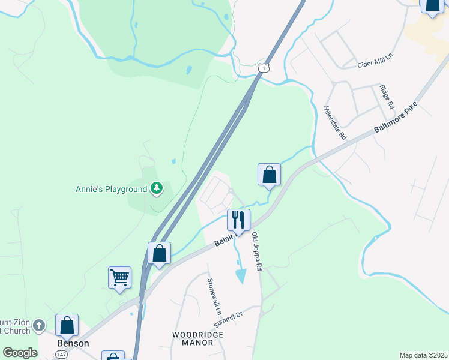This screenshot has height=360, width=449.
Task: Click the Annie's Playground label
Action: [111, 189]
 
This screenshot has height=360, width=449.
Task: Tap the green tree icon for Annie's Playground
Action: [157, 189]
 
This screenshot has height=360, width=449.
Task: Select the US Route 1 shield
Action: [263, 68]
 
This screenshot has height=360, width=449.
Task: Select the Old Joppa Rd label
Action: [258, 252]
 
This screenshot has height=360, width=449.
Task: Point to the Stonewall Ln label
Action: [214, 298]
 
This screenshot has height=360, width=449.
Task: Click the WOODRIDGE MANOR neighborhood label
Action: [193, 338]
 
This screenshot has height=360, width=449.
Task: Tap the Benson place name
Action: [73, 343]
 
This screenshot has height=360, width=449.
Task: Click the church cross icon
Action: [39, 325]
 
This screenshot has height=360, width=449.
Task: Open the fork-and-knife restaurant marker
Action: [238, 220]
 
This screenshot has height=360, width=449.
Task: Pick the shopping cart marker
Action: [120, 278]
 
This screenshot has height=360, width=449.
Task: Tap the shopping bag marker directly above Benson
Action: [67, 325]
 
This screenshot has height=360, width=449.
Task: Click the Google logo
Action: [20, 353]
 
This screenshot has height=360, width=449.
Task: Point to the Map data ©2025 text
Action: [423, 355]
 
